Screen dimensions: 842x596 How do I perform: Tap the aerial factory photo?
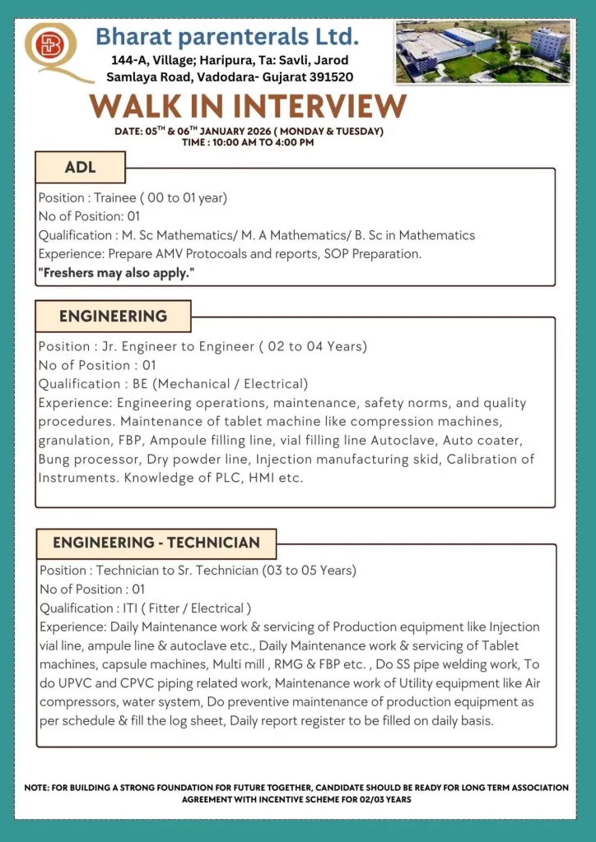pyautogui.click(x=483, y=51)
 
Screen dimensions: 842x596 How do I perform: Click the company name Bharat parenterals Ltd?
pyautogui.click(x=227, y=37)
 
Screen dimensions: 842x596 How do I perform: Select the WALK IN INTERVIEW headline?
pyautogui.click(x=249, y=106)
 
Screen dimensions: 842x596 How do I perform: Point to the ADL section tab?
pyautogui.click(x=80, y=167)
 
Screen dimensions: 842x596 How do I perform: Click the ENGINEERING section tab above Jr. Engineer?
pyautogui.click(x=113, y=316)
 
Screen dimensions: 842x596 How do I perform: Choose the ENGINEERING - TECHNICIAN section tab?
pyautogui.click(x=156, y=543)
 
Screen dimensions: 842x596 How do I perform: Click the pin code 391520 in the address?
pyautogui.click(x=328, y=76)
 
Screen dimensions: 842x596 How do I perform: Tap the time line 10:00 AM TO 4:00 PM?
pyautogui.click(x=248, y=142)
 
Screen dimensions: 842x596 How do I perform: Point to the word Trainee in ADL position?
pyautogui.click(x=114, y=197)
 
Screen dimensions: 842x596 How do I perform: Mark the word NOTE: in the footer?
pyautogui.click(x=37, y=788)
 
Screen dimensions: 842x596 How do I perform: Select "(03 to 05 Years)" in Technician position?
pyautogui.click(x=309, y=571)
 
